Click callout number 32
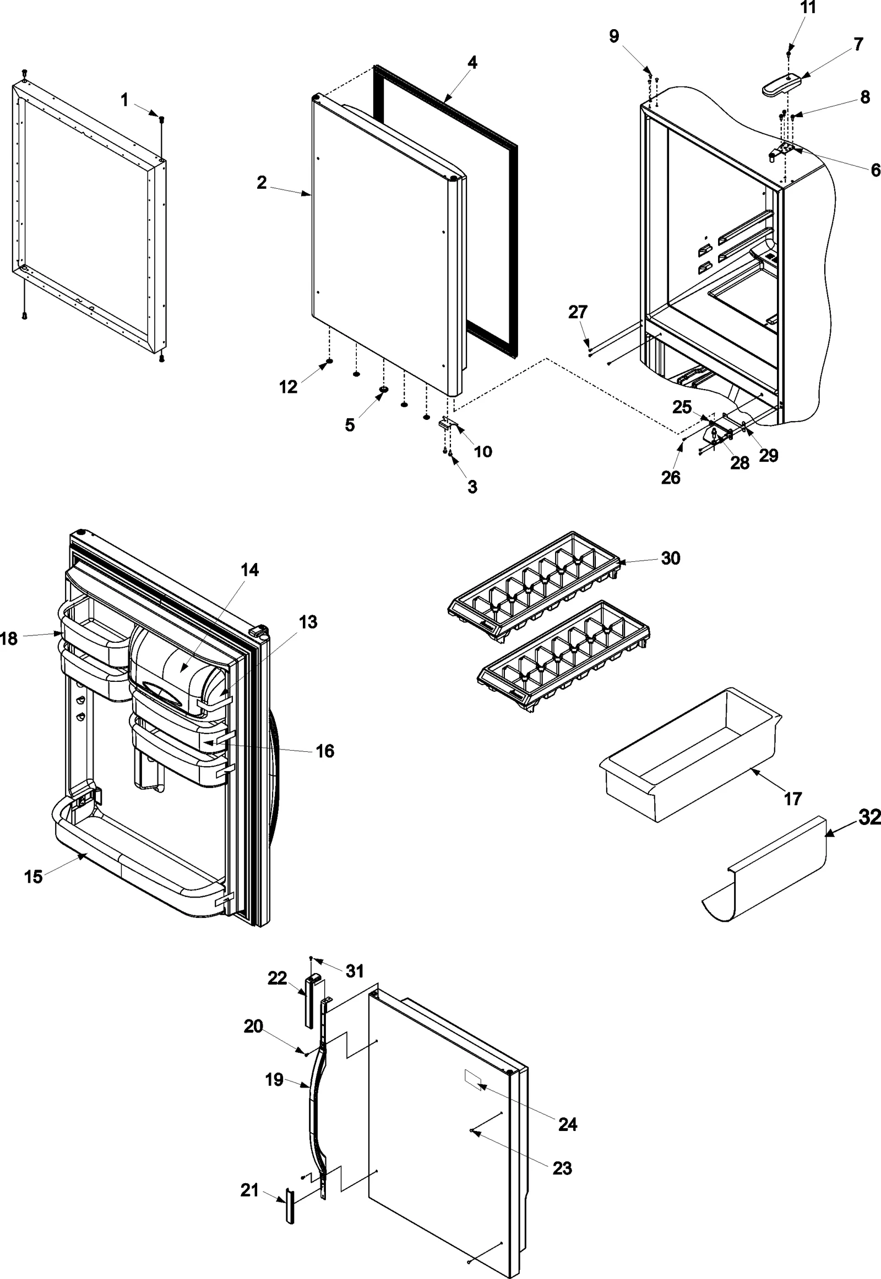click(869, 817)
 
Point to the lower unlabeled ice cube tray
click(563, 657)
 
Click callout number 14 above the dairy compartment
click(249, 570)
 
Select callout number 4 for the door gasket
click(472, 62)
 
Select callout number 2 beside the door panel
click(262, 182)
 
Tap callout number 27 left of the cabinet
click(578, 312)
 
